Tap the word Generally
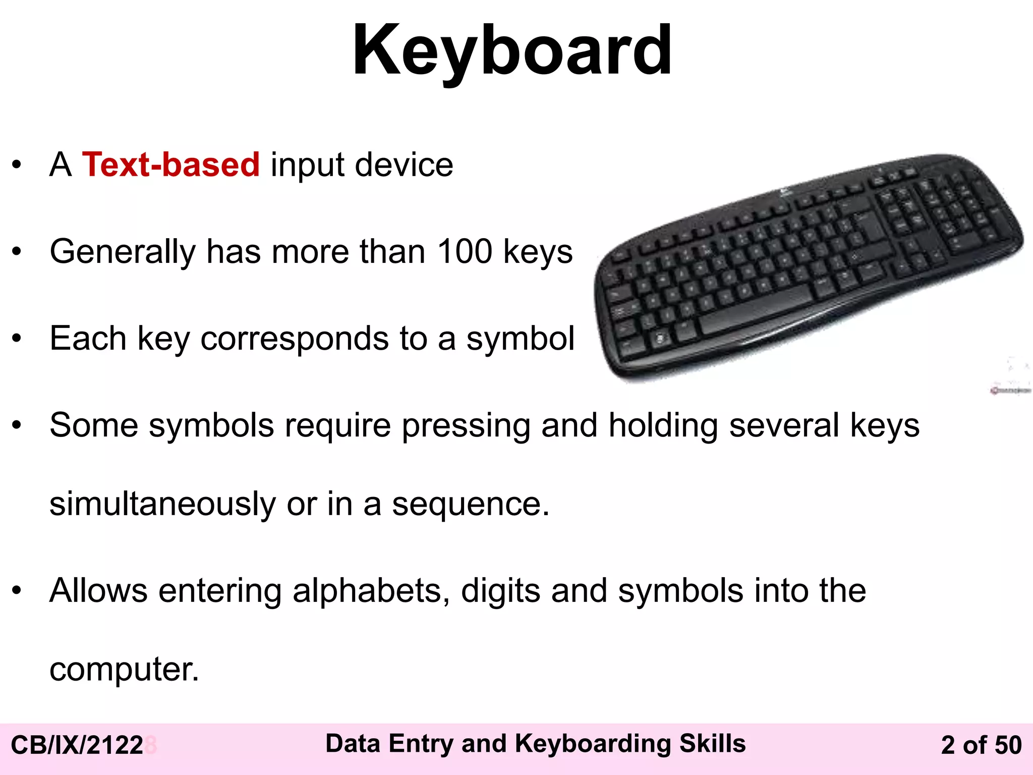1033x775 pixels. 123,252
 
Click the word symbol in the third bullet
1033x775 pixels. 520,338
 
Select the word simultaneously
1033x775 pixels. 162,505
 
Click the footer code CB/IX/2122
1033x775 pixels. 77,745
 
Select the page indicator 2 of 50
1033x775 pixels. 981,745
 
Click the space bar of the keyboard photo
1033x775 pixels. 757,309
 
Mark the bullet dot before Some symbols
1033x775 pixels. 17,425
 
